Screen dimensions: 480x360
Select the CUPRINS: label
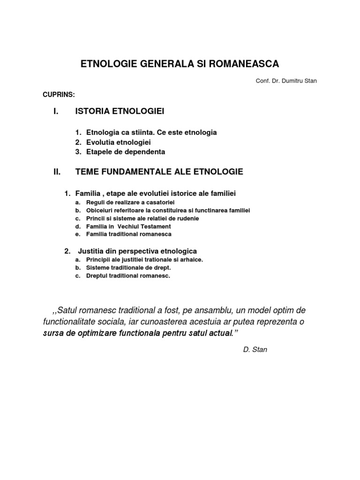point(59,95)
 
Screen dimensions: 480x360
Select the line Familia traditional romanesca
point(129,234)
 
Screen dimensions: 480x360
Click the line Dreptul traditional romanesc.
point(128,276)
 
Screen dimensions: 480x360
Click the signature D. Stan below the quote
point(255,350)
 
